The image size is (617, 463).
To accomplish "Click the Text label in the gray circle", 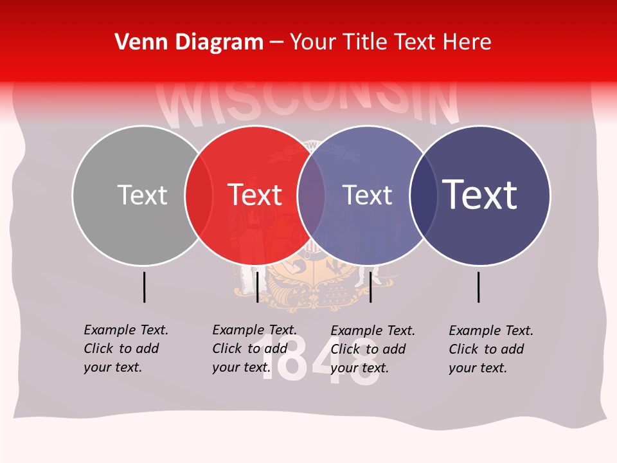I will coord(142,195).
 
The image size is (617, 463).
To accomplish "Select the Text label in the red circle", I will coord(255,195).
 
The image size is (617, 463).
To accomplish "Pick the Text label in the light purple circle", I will coord(367,195).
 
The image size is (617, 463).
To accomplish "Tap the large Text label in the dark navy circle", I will coord(479,195).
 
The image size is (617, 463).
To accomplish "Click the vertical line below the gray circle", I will coord(145,287).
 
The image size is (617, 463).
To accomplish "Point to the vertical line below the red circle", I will coord(257,287).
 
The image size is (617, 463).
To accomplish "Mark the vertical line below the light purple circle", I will coord(371,287).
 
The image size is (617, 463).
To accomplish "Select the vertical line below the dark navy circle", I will coord(479,287).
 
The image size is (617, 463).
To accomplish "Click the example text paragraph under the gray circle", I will coord(125,349).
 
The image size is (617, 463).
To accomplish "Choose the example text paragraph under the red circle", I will coord(254,349).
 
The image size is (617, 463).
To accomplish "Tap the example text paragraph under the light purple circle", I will coord(372,349).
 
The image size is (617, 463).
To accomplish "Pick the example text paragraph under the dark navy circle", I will coord(490,349).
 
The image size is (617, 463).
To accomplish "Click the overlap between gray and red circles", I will coord(199,195).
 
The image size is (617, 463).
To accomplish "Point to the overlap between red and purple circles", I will coord(311,195).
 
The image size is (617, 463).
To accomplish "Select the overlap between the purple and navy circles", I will coord(423,195).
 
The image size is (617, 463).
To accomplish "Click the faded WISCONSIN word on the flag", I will coord(308,103).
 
